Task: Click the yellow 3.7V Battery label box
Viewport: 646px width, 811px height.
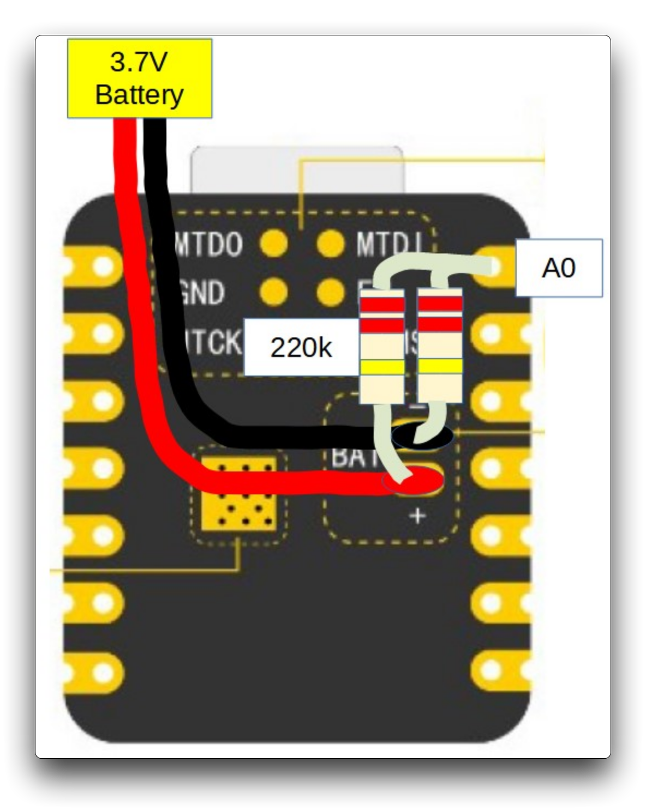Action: click(140, 78)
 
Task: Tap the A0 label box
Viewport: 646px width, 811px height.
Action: click(559, 268)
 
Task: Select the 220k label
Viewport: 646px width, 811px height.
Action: click(301, 347)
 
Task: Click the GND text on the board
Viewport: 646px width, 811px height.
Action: click(202, 293)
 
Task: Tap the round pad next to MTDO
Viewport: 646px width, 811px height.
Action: click(274, 244)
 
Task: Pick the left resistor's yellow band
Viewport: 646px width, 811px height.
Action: click(382, 367)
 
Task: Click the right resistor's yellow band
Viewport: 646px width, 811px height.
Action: click(440, 366)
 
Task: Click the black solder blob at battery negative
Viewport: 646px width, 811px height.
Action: click(423, 436)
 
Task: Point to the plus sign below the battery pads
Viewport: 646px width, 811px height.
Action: click(417, 515)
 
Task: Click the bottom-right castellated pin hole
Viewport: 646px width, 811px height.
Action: click(491, 670)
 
